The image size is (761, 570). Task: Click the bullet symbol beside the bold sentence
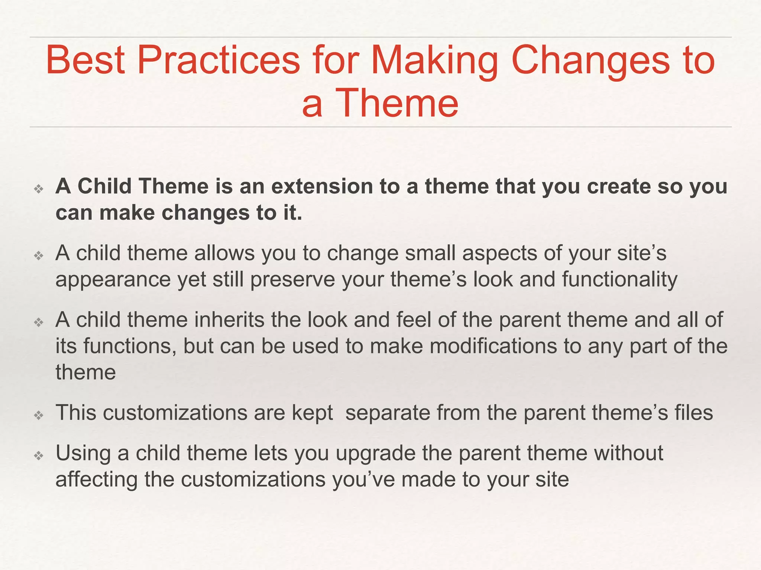point(39,189)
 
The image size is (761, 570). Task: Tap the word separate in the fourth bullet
point(387,413)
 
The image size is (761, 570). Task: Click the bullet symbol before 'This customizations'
point(39,416)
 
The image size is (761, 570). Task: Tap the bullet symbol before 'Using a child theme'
point(39,456)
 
